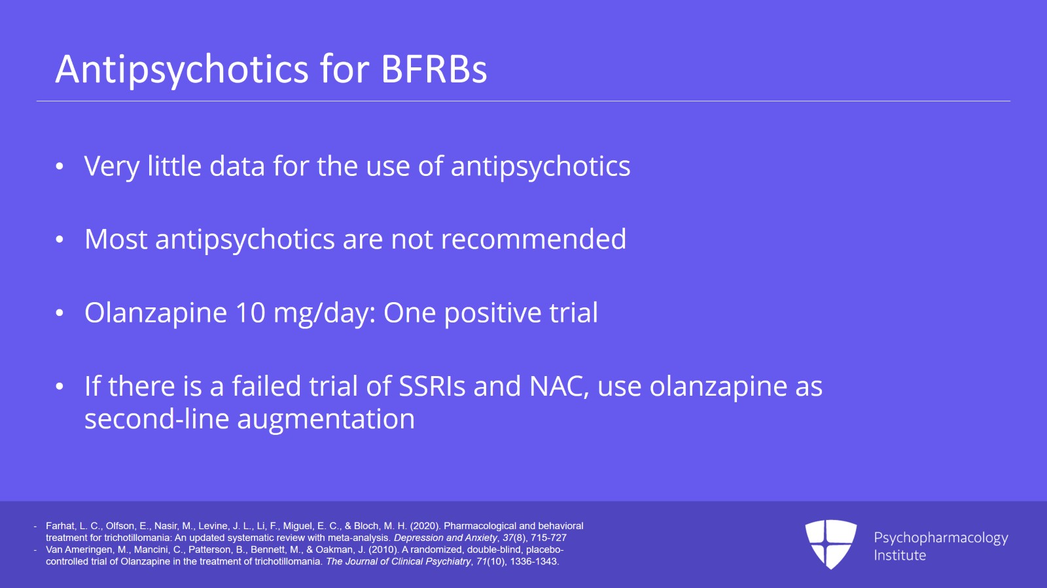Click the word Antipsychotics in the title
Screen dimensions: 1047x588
coord(182,69)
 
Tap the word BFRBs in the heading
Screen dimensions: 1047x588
coord(434,69)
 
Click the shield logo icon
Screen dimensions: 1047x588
coord(830,544)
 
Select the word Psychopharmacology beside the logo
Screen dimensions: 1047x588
coord(941,538)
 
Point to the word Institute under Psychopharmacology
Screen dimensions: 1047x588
coord(900,555)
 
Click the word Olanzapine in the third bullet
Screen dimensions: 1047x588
coord(156,313)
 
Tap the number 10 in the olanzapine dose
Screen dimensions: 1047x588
coord(250,312)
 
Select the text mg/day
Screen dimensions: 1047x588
coord(325,313)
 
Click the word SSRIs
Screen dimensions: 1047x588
coord(432,386)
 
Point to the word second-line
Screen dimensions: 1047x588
coord(156,419)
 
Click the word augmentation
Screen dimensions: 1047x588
coord(326,419)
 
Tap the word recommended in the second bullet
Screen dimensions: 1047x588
coord(533,239)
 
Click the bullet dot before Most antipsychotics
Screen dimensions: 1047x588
coord(59,239)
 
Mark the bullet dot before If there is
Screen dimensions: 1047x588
coord(59,387)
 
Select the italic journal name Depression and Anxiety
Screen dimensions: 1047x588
coord(446,538)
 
